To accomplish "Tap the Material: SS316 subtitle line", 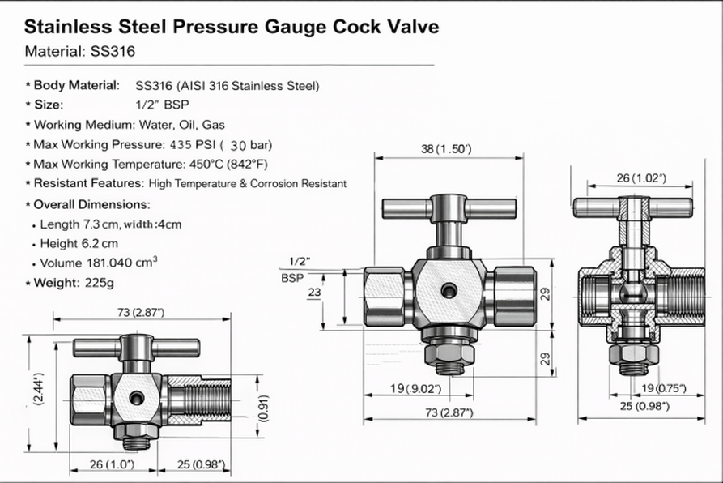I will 79,51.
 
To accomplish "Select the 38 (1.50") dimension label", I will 446,149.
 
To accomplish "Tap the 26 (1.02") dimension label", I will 640,177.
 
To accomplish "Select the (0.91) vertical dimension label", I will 262,408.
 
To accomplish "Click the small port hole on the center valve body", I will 448,290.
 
